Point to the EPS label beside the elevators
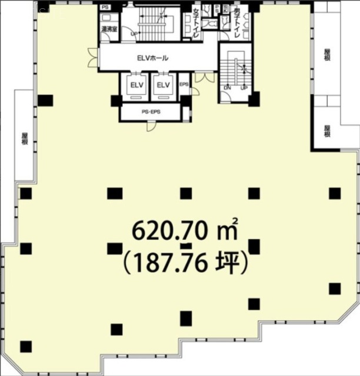(184, 85)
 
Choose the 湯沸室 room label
(108, 28)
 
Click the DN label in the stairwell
(228, 88)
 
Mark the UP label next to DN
(244, 88)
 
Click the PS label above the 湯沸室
(106, 7)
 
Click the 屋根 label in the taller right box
(327, 54)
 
